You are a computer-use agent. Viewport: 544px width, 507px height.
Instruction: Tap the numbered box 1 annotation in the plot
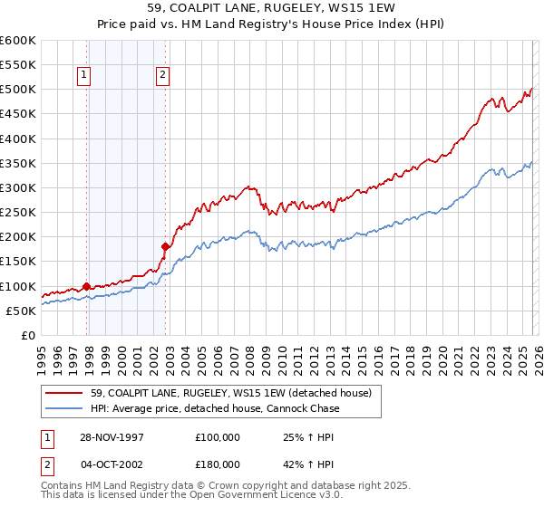pos(83,76)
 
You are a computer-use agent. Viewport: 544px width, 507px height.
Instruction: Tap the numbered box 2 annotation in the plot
pos(161,76)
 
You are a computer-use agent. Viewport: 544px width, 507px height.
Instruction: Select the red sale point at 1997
pos(87,286)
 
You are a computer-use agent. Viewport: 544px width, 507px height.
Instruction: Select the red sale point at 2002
pos(165,246)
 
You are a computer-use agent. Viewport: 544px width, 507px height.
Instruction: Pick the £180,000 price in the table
pos(217,464)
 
